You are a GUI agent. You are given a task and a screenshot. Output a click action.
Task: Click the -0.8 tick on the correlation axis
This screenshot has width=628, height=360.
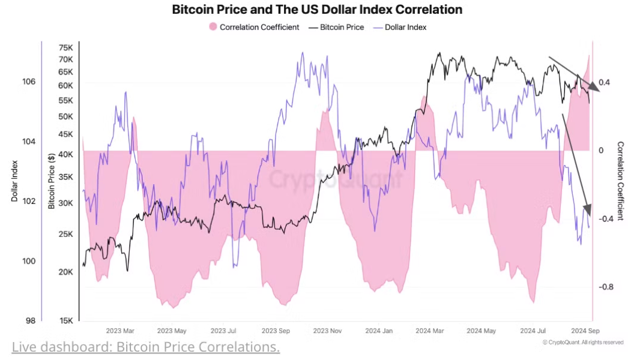click(606, 287)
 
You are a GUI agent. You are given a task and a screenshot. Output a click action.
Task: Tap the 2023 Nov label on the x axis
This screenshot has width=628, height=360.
click(327, 331)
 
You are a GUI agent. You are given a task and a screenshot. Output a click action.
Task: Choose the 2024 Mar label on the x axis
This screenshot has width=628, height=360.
click(430, 331)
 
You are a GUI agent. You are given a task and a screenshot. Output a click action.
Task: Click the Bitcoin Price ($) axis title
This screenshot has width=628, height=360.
click(52, 181)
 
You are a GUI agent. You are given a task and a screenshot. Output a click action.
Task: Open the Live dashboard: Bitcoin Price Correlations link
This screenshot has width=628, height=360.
click(145, 347)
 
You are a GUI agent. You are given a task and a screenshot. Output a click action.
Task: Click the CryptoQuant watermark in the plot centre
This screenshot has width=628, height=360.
click(335, 179)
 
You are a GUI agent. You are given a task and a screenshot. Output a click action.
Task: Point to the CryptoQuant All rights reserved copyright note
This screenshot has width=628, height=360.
click(582, 342)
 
